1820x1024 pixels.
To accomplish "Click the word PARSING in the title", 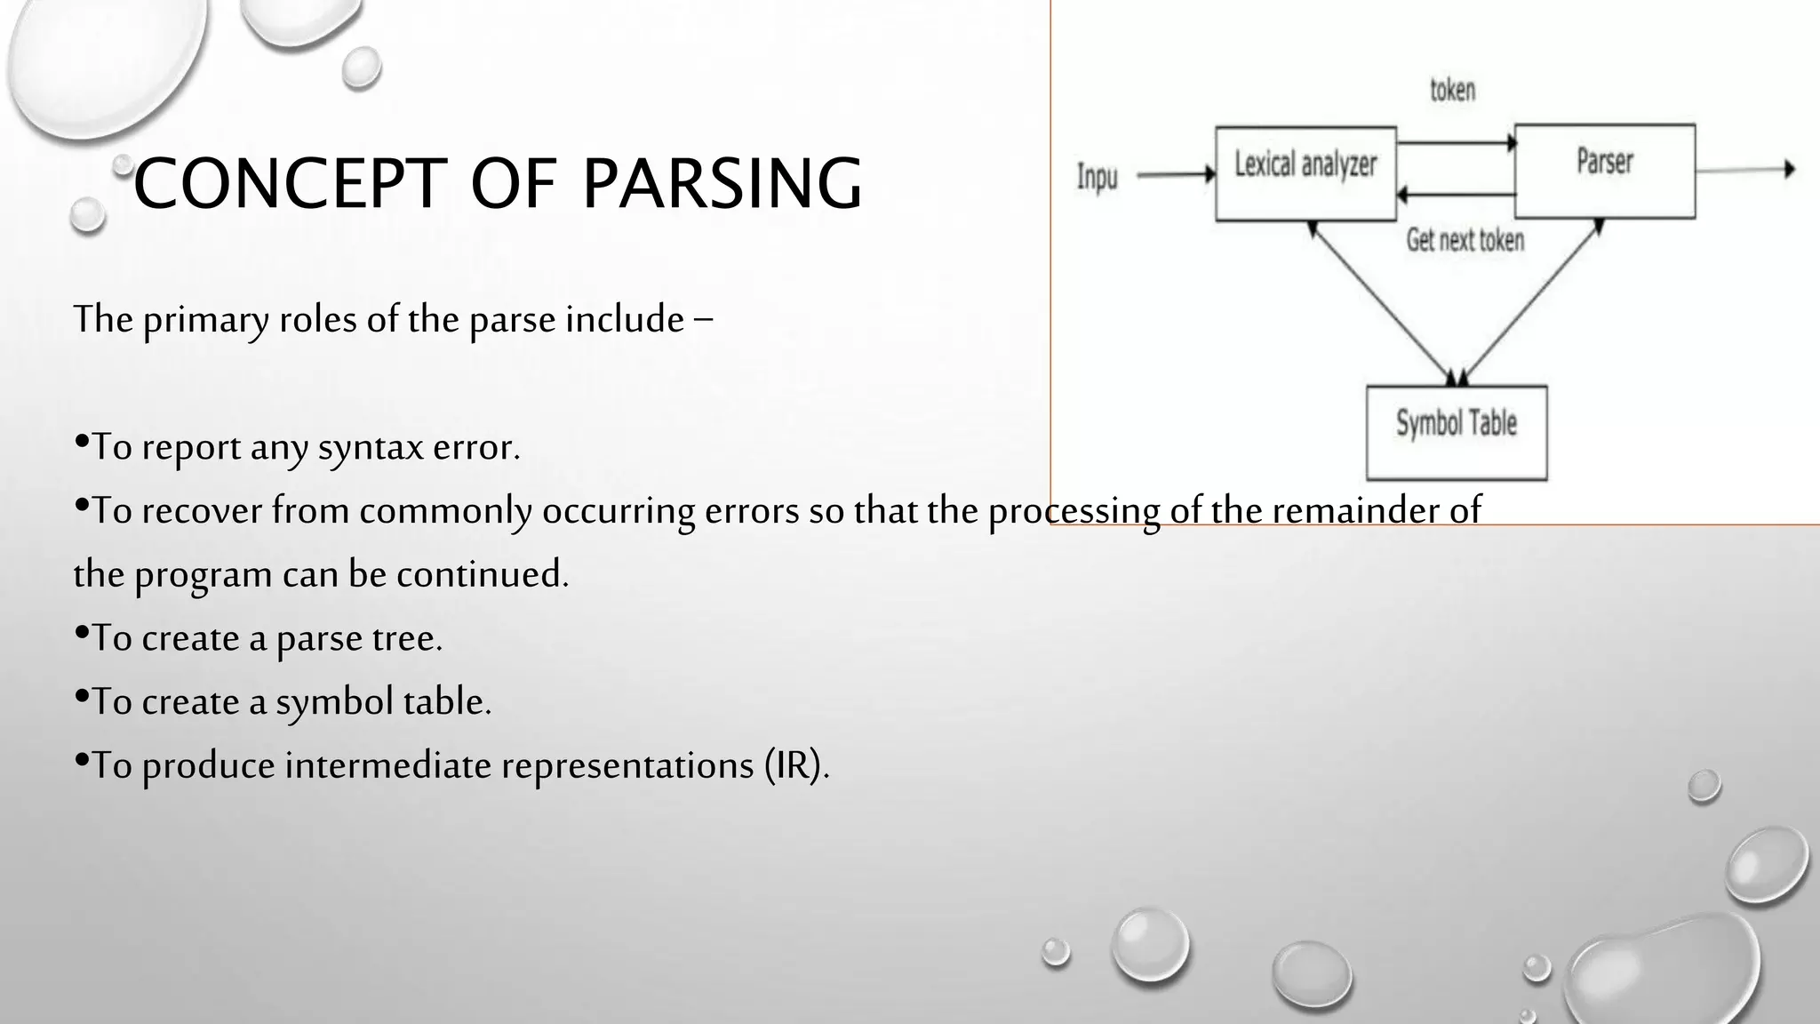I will (722, 183).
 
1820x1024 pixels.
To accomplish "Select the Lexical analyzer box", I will (1305, 173).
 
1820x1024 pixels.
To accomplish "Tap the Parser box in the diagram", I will (1604, 171).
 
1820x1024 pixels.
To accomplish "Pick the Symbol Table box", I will (1456, 432).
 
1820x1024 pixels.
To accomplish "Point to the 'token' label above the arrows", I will (1452, 91).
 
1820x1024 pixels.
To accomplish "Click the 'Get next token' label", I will (1465, 240).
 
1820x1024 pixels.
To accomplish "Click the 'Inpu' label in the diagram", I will (1097, 176).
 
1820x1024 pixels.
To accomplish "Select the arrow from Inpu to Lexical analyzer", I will (1175, 175).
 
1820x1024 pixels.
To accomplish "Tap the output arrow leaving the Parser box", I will (1744, 169).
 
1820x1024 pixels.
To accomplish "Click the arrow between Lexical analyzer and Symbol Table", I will (1381, 302).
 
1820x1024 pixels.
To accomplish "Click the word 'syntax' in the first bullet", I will (371, 447).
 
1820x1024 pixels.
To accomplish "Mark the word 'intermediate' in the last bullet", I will (387, 765).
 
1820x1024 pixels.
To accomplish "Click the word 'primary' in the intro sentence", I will (205, 320).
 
